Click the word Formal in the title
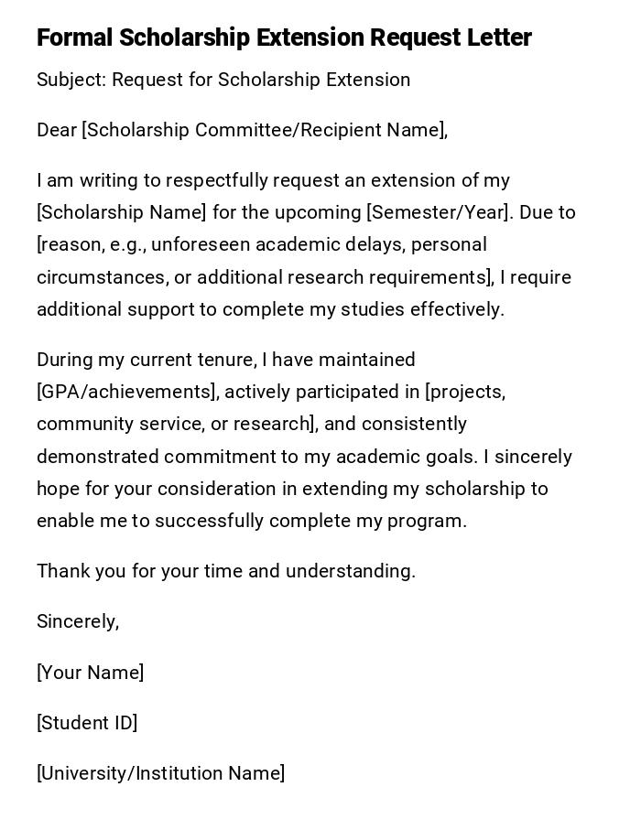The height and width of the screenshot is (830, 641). [x=74, y=38]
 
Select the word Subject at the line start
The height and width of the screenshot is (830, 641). [x=71, y=81]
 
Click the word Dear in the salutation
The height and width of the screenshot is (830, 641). [x=56, y=130]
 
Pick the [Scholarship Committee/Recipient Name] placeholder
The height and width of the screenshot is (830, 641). [x=264, y=130]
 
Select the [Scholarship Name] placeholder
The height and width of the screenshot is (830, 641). [x=122, y=212]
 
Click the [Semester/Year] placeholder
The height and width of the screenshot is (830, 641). [x=438, y=212]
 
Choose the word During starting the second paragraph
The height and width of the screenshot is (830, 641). [x=67, y=360]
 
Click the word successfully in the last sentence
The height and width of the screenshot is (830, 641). [x=213, y=521]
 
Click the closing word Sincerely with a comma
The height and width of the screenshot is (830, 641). [x=78, y=621]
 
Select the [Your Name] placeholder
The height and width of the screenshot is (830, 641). [x=90, y=673]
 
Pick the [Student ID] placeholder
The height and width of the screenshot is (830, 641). [x=87, y=723]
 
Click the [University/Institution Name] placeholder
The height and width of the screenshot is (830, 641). [x=160, y=773]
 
